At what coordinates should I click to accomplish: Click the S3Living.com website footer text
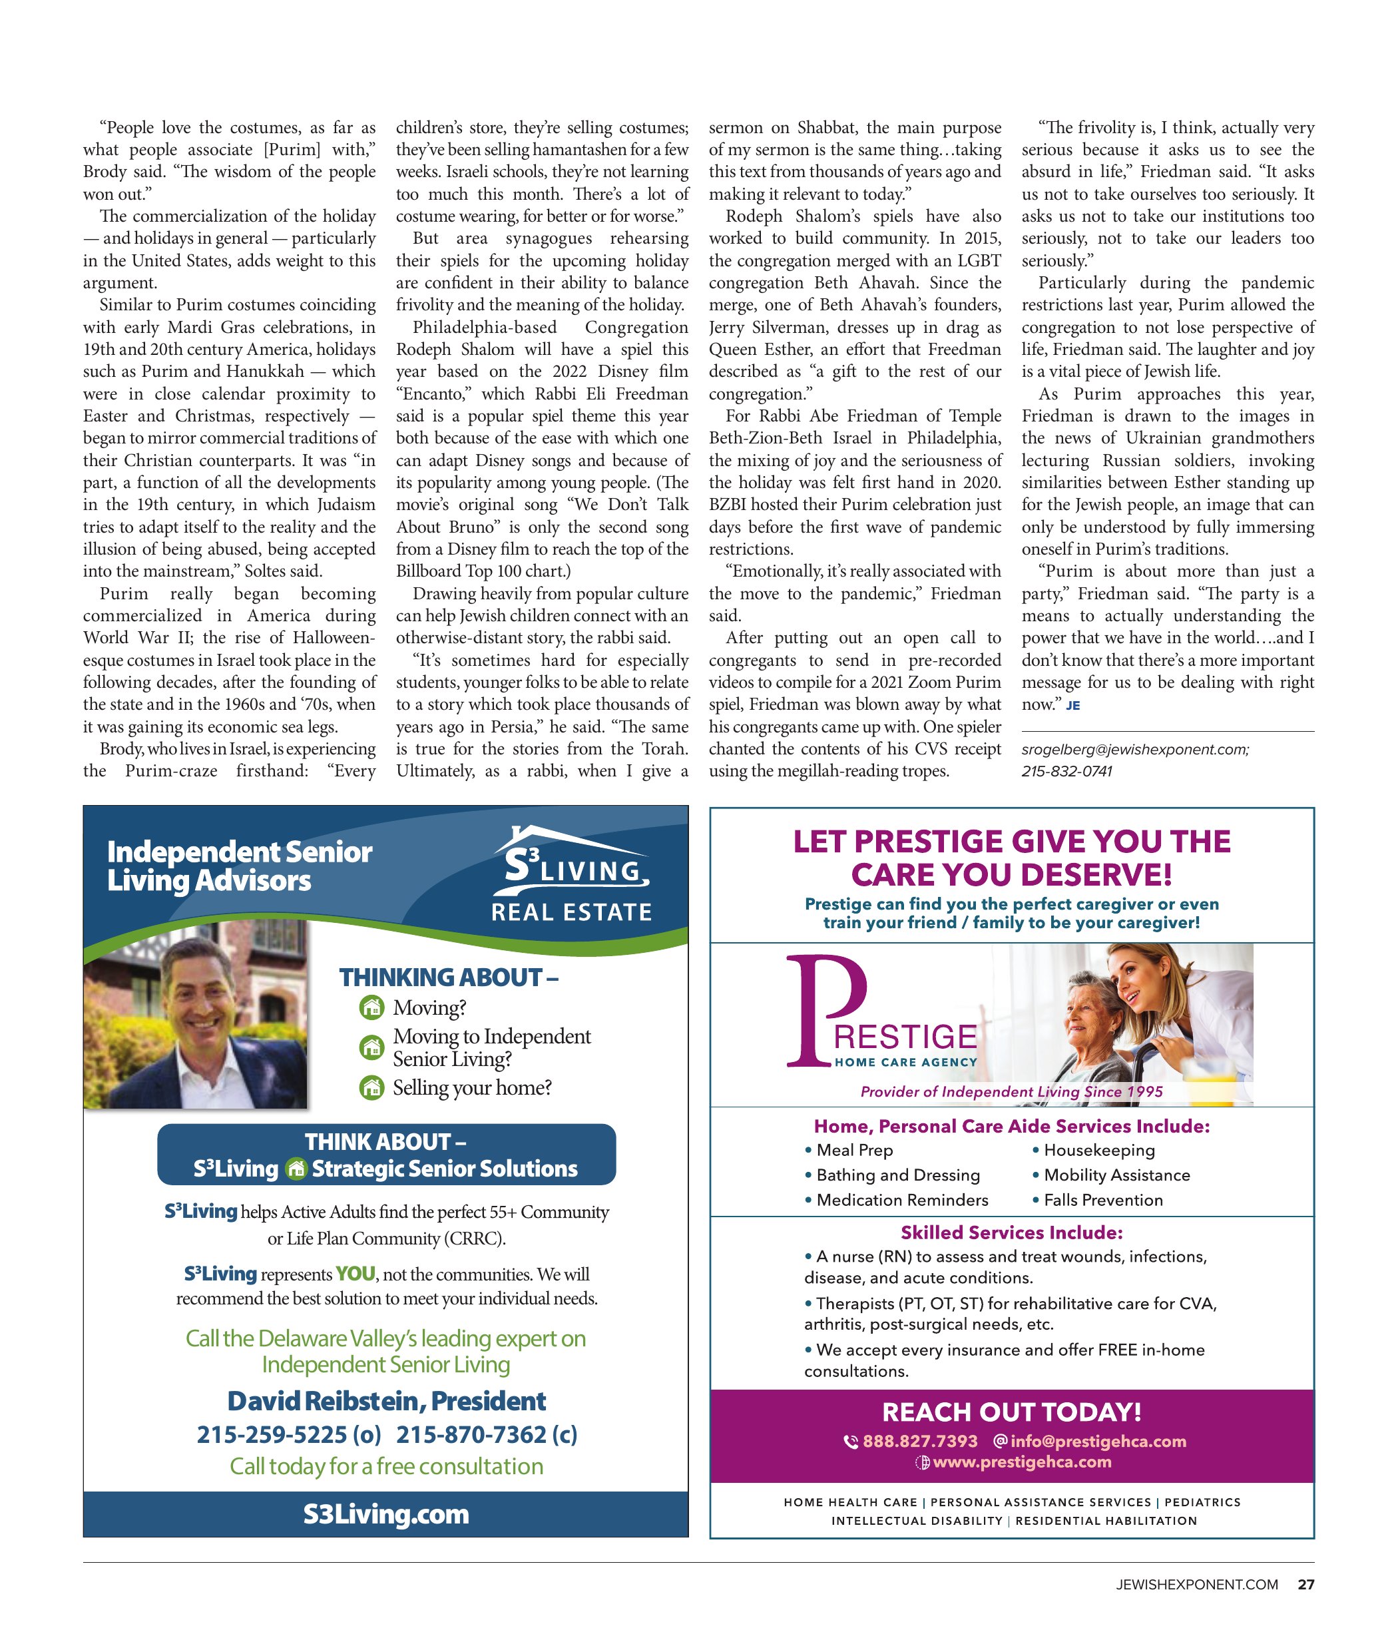click(x=386, y=1514)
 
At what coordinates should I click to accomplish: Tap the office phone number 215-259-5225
click(x=288, y=1435)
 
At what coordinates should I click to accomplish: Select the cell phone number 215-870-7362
click(x=486, y=1435)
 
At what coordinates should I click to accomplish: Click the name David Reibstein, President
click(x=386, y=1402)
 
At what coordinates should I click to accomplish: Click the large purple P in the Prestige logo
click(x=824, y=1011)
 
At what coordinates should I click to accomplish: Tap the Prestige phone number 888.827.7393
click(x=919, y=1441)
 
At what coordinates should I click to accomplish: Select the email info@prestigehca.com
click(x=1098, y=1441)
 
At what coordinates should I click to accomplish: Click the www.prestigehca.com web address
click(x=1022, y=1462)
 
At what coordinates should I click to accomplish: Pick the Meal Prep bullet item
click(x=854, y=1150)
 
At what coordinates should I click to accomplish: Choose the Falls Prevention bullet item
click(x=1102, y=1200)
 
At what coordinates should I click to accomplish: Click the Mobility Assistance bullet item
click(x=1116, y=1175)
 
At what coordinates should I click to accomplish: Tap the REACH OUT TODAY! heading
click(x=1011, y=1412)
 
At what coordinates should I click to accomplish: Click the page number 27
click(x=1305, y=1585)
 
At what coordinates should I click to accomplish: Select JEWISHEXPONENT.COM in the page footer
click(x=1197, y=1585)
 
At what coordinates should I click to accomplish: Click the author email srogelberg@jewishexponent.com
click(x=1135, y=749)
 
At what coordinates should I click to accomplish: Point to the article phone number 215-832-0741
click(x=1066, y=771)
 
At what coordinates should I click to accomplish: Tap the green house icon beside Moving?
click(x=371, y=1007)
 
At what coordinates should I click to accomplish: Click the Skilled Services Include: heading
click(x=1011, y=1233)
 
